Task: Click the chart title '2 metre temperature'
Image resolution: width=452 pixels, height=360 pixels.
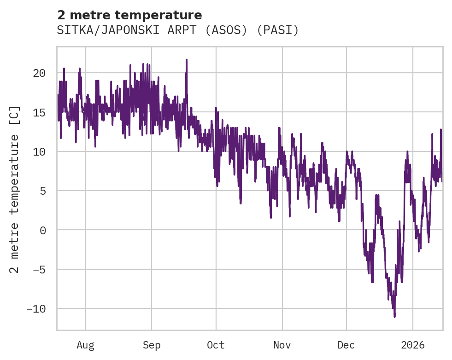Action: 129,15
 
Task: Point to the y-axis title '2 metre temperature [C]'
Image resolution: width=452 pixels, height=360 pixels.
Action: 15,189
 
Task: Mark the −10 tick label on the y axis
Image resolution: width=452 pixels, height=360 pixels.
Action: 36,308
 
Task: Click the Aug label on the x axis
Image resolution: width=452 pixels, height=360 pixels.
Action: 86,345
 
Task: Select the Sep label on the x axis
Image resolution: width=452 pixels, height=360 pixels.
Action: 152,345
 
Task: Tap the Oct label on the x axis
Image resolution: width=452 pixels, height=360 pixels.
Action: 216,345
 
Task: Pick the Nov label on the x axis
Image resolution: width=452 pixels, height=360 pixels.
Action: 282,345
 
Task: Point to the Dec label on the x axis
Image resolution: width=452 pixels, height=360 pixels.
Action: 346,345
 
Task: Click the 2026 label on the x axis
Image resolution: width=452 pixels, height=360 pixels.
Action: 413,345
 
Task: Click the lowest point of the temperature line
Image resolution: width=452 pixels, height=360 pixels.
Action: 395,317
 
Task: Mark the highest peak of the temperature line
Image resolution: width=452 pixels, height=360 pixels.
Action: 187,59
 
